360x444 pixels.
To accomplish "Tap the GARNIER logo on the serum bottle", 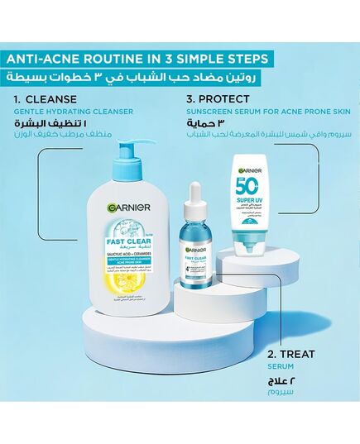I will pos(196,247).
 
